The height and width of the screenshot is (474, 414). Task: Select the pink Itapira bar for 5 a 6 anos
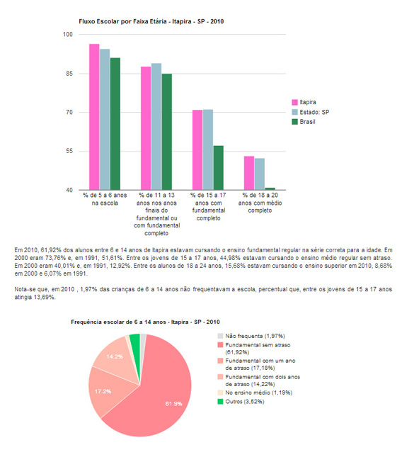(x=94, y=117)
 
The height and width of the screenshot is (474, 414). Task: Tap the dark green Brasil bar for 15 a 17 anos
(x=219, y=168)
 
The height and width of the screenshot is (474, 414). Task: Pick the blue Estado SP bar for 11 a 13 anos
(x=156, y=127)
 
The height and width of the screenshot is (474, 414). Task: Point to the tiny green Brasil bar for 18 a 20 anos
(x=270, y=188)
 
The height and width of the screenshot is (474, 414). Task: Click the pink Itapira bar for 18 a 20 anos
(x=249, y=173)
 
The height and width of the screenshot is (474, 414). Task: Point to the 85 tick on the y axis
(x=69, y=74)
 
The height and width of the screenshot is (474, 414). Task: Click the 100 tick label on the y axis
(x=68, y=35)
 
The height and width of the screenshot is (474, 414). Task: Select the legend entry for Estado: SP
(x=311, y=112)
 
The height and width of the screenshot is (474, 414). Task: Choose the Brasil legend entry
(x=304, y=122)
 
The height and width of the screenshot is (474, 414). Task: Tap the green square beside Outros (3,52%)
(x=220, y=402)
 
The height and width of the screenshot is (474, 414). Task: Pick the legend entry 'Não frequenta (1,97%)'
(x=251, y=336)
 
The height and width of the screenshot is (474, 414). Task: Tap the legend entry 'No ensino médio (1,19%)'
(x=255, y=393)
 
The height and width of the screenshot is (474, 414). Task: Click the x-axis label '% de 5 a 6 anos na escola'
(x=105, y=199)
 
